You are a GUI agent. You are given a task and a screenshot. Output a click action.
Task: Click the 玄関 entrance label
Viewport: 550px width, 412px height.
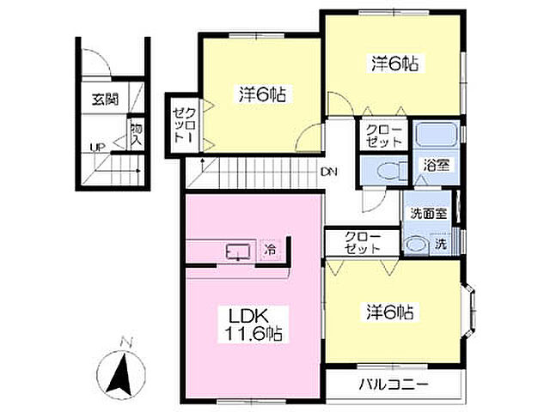coord(105,100)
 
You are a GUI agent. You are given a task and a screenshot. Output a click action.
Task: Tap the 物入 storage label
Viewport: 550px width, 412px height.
coord(136,135)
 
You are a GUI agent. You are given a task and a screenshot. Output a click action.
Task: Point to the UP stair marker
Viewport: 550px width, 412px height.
coord(97,147)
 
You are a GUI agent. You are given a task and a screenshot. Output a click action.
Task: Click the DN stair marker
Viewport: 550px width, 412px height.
coord(329,172)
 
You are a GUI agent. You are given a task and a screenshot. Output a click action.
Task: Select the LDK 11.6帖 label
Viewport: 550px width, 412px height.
coord(254,324)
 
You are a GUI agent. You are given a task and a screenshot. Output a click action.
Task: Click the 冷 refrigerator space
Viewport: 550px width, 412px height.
coord(270,250)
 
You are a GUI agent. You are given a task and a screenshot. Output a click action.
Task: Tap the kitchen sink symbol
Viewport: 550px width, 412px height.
coord(238,251)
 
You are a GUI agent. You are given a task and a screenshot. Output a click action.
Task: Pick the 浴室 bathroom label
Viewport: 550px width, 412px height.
coord(437,165)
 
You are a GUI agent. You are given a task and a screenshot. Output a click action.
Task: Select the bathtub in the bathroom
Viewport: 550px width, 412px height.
coord(436,136)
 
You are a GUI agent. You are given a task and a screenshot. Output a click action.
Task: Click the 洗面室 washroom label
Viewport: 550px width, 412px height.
coord(429,214)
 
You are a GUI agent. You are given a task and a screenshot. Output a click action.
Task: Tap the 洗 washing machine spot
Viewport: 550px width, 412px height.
coord(441,244)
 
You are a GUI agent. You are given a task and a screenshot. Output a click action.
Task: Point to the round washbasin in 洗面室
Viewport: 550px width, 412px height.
coord(417,245)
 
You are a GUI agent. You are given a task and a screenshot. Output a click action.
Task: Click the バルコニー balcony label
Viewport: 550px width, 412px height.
coord(394,385)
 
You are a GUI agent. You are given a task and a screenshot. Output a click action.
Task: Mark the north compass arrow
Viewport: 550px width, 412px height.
coord(120,374)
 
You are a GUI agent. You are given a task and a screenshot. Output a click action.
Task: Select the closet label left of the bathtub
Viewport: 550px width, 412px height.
coord(383,136)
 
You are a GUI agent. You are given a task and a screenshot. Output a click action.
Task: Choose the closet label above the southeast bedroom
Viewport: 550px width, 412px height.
coord(363,242)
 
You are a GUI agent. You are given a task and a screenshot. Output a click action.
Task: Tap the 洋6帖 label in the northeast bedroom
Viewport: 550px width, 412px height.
coord(395,64)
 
